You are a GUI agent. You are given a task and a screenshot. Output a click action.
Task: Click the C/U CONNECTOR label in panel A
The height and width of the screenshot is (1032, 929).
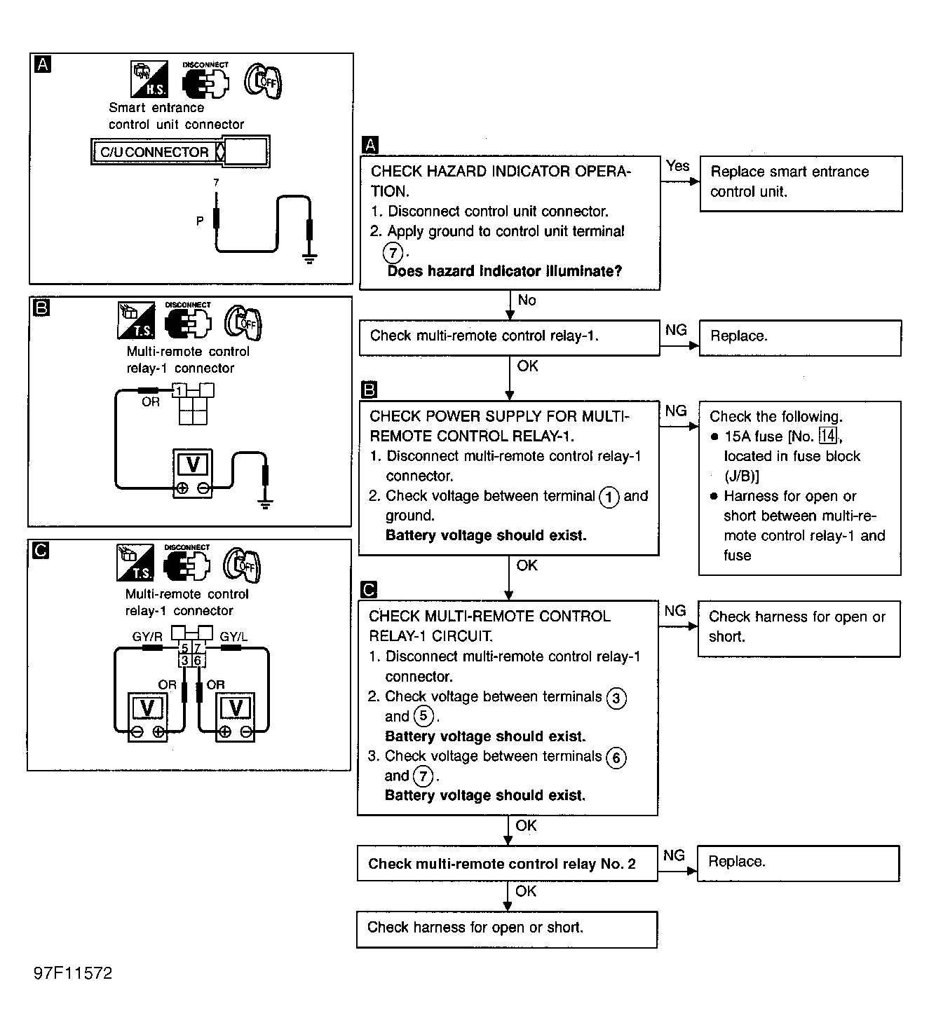(155, 152)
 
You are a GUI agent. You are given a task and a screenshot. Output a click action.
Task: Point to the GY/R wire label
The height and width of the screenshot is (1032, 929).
(147, 637)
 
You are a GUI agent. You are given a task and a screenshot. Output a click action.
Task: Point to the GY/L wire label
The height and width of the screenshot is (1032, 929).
(233, 637)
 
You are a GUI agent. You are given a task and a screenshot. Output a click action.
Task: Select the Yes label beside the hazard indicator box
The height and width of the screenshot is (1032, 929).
(678, 166)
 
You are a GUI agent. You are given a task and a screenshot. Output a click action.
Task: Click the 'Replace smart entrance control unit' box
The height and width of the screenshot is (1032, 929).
(801, 183)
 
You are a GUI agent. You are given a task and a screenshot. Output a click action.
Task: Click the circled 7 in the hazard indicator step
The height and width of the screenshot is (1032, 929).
(393, 252)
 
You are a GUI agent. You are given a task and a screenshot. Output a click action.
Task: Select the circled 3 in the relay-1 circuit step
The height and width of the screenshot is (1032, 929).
(616, 698)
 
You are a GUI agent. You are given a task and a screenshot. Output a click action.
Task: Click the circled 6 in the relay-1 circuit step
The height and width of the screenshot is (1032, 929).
(616, 757)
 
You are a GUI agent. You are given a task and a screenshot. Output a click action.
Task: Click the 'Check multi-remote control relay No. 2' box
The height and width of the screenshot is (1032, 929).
(507, 864)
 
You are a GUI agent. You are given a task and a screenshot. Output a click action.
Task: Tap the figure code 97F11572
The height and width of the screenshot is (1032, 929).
(73, 973)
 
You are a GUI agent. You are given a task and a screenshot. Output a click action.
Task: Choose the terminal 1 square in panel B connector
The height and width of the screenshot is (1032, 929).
(179, 391)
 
